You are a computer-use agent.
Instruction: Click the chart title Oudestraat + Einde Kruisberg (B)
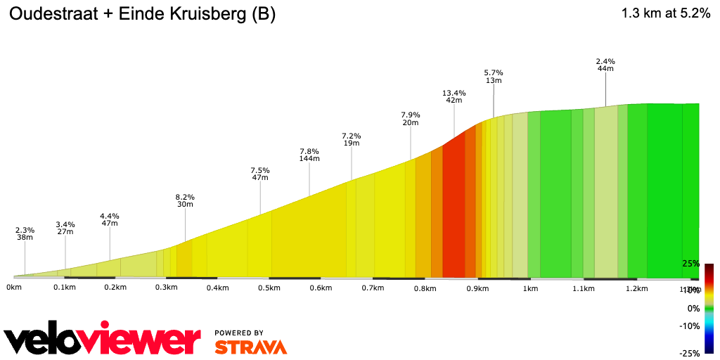click(141, 15)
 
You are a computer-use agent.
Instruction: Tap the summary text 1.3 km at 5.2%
click(665, 13)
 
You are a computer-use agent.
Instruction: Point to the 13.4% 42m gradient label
click(454, 96)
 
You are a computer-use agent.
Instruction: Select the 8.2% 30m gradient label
click(185, 200)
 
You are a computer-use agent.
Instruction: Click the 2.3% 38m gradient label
click(25, 233)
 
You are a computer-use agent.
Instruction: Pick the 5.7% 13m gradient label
click(494, 76)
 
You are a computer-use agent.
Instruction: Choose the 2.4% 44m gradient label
click(605, 65)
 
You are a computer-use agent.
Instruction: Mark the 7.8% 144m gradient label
click(309, 155)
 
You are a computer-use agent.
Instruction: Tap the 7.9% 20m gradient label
click(411, 118)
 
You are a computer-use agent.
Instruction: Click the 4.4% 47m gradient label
click(110, 219)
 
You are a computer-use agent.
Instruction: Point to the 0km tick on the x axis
click(13, 288)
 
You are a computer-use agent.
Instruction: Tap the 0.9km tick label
click(477, 288)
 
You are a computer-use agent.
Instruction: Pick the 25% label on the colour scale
click(690, 264)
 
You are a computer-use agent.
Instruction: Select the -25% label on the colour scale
click(689, 353)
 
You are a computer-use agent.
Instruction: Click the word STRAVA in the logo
click(250, 347)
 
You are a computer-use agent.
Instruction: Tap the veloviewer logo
click(103, 340)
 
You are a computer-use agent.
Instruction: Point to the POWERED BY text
click(239, 333)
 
